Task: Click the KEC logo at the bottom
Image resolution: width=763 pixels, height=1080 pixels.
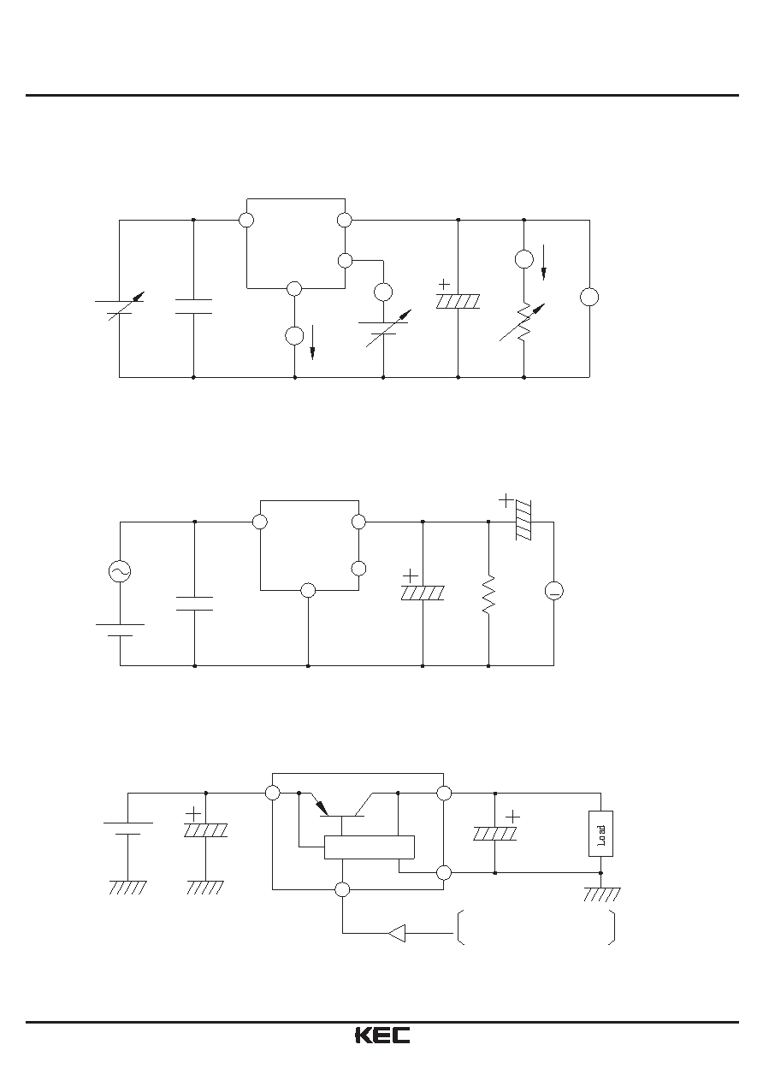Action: [x=382, y=1036]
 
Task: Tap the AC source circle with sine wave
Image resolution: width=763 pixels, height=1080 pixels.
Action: [x=120, y=571]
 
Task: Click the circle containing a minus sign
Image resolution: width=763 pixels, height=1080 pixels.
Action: [x=553, y=591]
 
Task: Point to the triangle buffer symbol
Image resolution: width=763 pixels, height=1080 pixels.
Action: [x=396, y=933]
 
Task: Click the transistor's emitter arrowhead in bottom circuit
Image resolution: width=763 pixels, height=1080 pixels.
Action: [x=322, y=808]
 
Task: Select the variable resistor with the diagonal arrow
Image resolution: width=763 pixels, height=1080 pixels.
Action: [x=523, y=322]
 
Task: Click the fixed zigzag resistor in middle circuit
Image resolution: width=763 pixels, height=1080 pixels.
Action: [x=488, y=594]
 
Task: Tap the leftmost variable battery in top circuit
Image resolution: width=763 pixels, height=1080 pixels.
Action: [x=120, y=305]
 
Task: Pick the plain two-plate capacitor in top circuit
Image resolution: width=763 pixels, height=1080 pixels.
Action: [x=193, y=307]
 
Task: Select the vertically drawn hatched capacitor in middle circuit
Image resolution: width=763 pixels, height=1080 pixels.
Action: [x=523, y=520]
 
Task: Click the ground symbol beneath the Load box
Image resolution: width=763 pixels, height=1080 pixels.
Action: [x=601, y=894]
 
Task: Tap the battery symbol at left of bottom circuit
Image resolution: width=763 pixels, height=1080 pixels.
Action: [x=127, y=829]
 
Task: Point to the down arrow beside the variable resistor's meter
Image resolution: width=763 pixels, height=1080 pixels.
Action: [x=544, y=263]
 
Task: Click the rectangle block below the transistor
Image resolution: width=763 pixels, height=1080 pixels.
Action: [x=369, y=847]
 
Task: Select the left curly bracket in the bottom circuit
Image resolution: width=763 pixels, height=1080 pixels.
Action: [x=460, y=933]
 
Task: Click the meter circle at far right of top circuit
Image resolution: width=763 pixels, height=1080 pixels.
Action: [x=589, y=297]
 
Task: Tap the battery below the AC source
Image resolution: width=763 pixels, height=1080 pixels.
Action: [x=120, y=630]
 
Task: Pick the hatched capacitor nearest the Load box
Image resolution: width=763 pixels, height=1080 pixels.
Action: [x=495, y=834]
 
